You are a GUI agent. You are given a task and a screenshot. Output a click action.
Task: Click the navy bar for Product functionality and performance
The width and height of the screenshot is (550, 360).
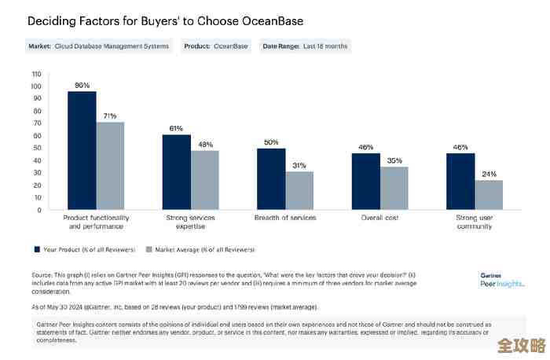coord(82,150)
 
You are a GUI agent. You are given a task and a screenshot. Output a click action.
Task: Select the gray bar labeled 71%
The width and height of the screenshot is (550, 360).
coord(111,166)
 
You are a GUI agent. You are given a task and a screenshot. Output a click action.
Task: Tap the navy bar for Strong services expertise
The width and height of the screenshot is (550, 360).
coord(177,172)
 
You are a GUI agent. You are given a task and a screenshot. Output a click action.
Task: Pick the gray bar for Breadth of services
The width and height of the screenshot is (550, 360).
coord(300,190)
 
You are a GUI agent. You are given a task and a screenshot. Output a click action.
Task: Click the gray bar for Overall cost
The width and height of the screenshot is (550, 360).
coord(394,188)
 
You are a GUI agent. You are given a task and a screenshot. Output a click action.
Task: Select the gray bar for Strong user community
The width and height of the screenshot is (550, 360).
coord(489,195)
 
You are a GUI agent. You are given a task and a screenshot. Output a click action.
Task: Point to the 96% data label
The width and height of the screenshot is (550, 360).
coord(82,85)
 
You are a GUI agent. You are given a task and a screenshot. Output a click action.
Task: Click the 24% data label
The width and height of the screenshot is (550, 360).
coord(489,174)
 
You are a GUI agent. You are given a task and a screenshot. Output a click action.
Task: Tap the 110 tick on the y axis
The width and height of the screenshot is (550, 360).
coord(36,74)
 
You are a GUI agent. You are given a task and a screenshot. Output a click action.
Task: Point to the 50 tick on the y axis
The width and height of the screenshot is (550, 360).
coord(37,148)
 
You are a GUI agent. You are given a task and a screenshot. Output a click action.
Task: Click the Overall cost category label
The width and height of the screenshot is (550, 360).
coord(379,217)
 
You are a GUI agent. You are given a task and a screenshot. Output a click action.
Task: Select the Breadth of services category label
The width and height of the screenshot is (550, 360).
coord(285,217)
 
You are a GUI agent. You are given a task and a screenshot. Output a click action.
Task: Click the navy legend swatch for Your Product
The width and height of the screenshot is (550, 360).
coord(37,248)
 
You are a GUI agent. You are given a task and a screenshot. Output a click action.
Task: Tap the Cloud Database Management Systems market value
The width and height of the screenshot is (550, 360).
coord(112,46)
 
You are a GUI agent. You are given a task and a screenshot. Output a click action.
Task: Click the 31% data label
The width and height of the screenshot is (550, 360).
coord(300,165)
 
